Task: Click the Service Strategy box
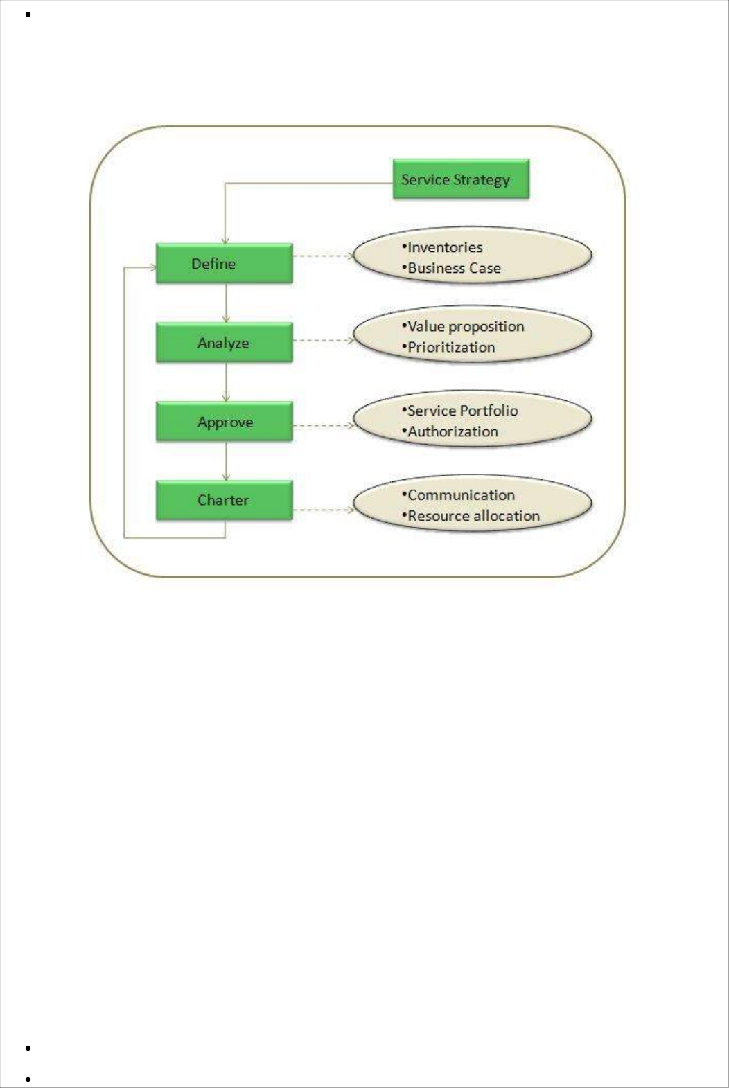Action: point(461,179)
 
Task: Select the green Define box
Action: point(224,263)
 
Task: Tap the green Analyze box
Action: point(224,342)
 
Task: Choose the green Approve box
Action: point(224,421)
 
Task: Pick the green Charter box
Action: point(224,500)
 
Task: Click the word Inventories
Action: point(445,247)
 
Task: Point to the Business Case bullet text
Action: point(454,268)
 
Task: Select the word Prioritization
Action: point(451,347)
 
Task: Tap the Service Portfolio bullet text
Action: point(462,411)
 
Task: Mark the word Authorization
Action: point(453,431)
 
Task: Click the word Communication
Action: point(461,495)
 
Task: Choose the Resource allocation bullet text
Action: point(473,516)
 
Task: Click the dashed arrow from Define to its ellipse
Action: point(323,256)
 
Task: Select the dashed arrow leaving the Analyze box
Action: point(323,340)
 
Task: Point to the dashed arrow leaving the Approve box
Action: point(323,425)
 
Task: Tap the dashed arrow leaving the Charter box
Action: point(323,510)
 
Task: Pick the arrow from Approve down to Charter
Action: point(226,461)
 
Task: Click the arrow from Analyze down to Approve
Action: point(226,382)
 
